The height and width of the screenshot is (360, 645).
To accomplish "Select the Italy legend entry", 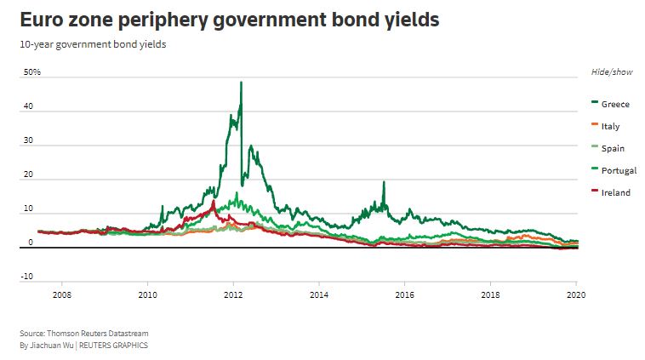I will [x=609, y=126].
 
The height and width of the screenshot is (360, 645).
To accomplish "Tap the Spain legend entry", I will [x=612, y=148].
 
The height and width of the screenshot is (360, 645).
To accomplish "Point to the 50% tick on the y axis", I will [x=32, y=73].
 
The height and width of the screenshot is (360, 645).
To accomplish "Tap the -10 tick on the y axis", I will [x=28, y=276].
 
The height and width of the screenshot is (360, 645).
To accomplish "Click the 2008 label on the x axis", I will [x=61, y=295].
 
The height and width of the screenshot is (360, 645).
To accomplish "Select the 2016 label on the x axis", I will [x=404, y=295].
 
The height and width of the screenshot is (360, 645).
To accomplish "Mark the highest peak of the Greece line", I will [x=241, y=83].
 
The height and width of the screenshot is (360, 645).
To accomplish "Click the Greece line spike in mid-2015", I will [x=384, y=182].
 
